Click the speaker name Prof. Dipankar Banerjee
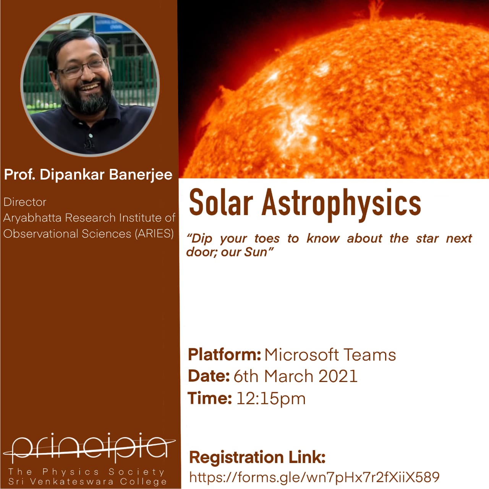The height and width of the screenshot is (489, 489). (x=88, y=175)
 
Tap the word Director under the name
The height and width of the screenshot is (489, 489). (x=25, y=202)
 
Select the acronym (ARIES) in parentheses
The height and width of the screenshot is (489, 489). (x=155, y=233)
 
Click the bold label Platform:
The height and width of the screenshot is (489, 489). (x=225, y=355)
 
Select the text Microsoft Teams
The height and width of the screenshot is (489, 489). (x=330, y=355)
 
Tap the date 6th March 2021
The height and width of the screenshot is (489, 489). (x=296, y=376)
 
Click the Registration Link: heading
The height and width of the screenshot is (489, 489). (x=257, y=457)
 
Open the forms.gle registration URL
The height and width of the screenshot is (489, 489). (x=314, y=477)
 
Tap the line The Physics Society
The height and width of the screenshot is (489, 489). (x=87, y=472)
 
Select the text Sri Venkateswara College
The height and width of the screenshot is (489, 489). (x=87, y=481)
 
